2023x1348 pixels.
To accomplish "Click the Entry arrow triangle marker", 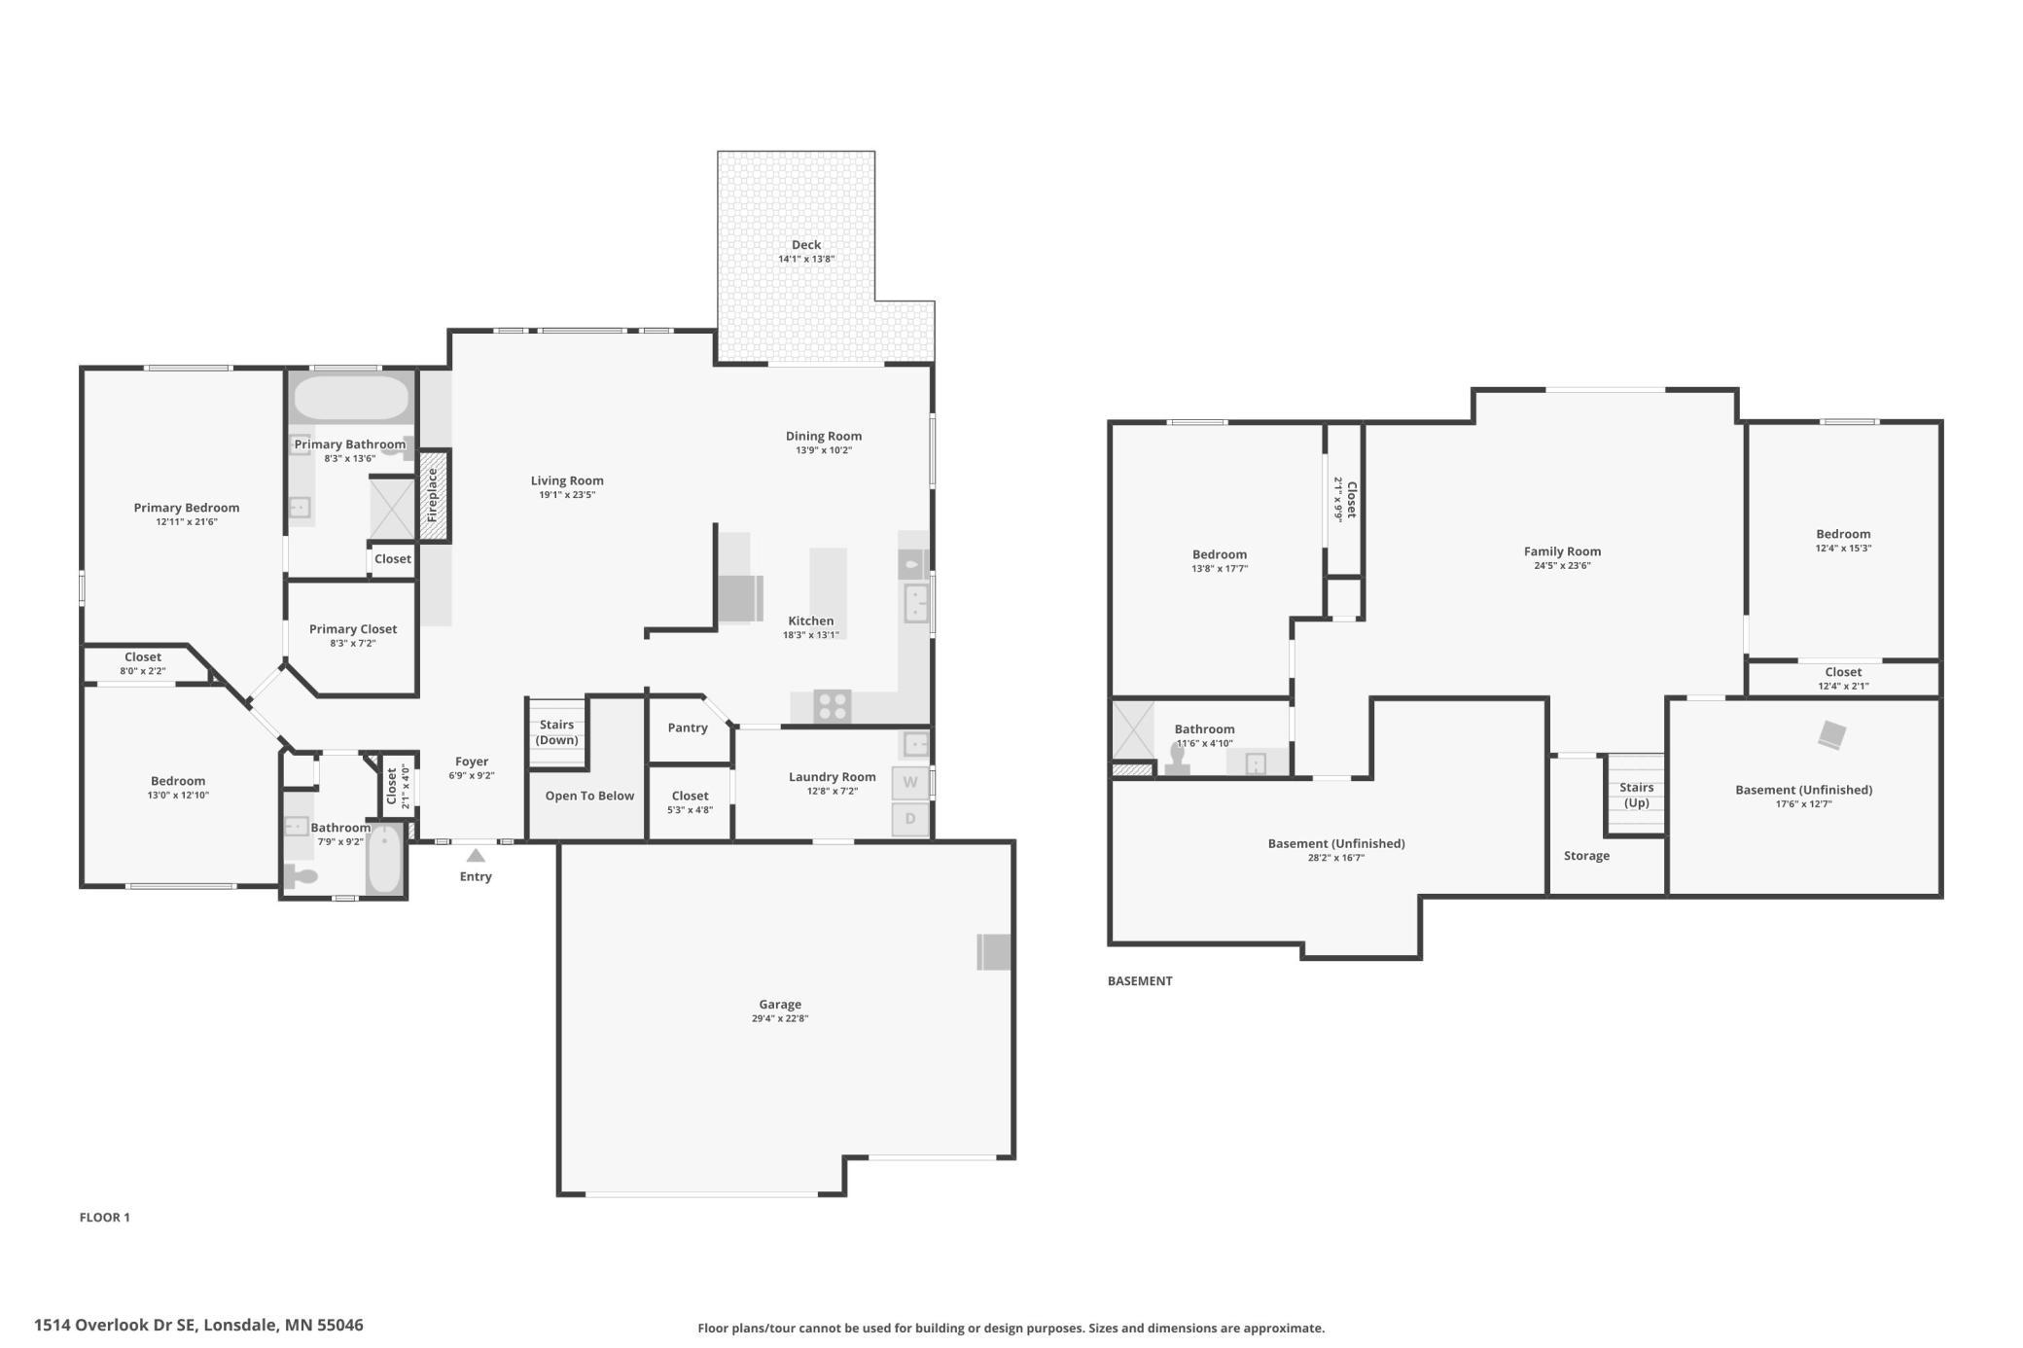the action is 476,856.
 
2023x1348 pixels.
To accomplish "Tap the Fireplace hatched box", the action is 434,495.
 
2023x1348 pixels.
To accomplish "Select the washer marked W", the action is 910,783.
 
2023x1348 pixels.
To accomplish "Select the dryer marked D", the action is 910,819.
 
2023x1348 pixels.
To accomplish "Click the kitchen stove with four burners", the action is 833,706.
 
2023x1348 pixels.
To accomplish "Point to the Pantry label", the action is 688,728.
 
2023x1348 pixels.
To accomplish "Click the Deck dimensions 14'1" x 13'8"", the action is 806,260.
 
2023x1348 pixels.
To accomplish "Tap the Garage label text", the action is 780,1005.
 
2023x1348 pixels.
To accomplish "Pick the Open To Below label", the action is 589,796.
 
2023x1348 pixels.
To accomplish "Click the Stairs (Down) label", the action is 557,732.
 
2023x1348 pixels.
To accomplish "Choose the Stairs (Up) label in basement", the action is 1637,795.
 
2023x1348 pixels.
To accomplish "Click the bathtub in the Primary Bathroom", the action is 351,398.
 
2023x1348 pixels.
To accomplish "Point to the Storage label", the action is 1586,856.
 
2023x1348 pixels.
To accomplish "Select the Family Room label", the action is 1562,551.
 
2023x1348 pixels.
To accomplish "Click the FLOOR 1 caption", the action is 105,1218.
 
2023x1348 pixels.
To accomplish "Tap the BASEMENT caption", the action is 1140,981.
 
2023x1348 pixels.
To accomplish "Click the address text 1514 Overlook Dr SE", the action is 116,1325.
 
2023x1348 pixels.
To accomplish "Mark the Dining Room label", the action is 824,436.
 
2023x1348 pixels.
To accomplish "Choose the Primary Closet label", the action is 353,629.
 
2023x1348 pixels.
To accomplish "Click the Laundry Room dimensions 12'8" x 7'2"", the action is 833,792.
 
